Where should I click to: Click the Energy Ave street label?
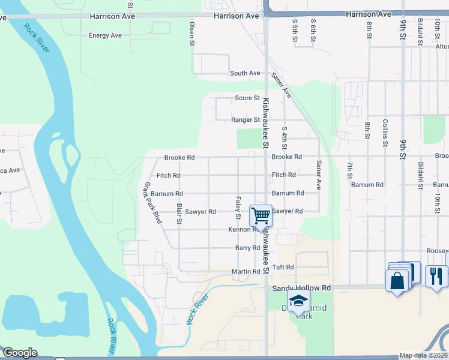(105, 35)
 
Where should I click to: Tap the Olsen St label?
(192, 34)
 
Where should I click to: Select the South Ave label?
(245, 73)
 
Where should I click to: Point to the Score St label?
(247, 98)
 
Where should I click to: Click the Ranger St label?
(246, 120)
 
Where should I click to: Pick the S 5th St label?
(295, 30)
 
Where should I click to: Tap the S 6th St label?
(313, 30)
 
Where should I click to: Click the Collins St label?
(385, 133)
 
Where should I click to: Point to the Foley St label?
(238, 208)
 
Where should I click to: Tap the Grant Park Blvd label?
(151, 203)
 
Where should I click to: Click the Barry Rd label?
(247, 248)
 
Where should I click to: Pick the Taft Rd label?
(283, 267)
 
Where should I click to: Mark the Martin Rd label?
(246, 272)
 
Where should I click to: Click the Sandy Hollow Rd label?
(301, 288)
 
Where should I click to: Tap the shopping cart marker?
(261, 215)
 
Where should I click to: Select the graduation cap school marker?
(298, 301)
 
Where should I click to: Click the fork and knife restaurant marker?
(436, 276)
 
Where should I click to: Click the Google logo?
(19, 353)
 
